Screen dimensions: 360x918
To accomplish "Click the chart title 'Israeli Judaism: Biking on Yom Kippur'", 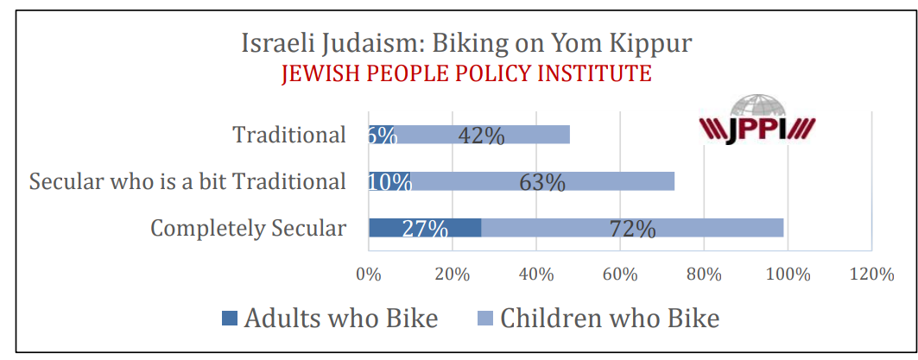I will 465,42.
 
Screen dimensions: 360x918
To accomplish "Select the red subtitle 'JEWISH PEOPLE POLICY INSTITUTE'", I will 465,73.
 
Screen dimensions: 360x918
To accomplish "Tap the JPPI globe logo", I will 757,122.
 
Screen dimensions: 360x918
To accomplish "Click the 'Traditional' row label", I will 289,136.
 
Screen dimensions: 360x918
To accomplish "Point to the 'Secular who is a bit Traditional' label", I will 187,182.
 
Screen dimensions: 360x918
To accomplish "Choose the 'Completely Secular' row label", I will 248,229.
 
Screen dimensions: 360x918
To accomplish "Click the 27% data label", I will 425,229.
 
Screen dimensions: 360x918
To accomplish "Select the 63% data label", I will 542,182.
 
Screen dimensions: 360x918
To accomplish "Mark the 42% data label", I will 481,136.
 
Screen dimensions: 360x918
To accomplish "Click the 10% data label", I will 389,182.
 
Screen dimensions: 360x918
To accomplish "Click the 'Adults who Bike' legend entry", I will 329,318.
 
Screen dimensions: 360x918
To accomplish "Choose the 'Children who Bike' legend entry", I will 598,318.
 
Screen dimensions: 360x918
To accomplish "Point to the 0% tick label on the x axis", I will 369,275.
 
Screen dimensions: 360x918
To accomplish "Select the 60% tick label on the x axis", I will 620,275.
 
